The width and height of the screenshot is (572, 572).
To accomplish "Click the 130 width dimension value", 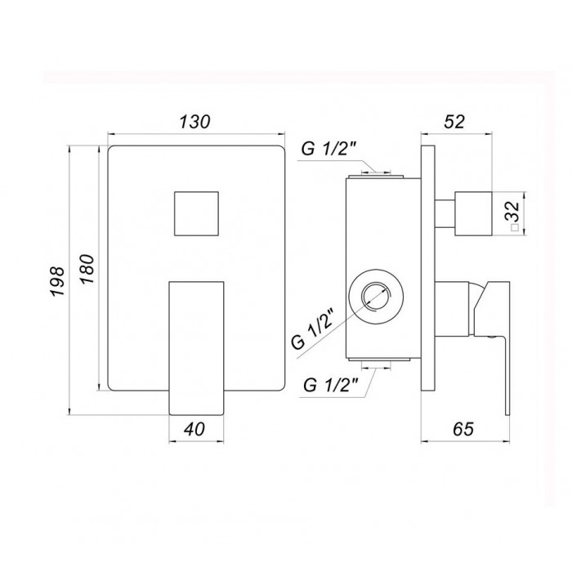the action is [194, 122].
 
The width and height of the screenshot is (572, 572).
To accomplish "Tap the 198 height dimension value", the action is [58, 281].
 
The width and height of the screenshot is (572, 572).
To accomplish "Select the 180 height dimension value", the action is [87, 269].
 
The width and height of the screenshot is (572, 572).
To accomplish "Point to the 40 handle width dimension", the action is [194, 429].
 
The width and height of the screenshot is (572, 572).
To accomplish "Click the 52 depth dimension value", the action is [454, 122].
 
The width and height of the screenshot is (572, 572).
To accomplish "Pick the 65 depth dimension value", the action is [463, 429].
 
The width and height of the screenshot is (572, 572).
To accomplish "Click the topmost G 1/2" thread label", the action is [329, 149].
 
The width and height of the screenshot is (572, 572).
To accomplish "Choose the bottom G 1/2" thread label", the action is [331, 385].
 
